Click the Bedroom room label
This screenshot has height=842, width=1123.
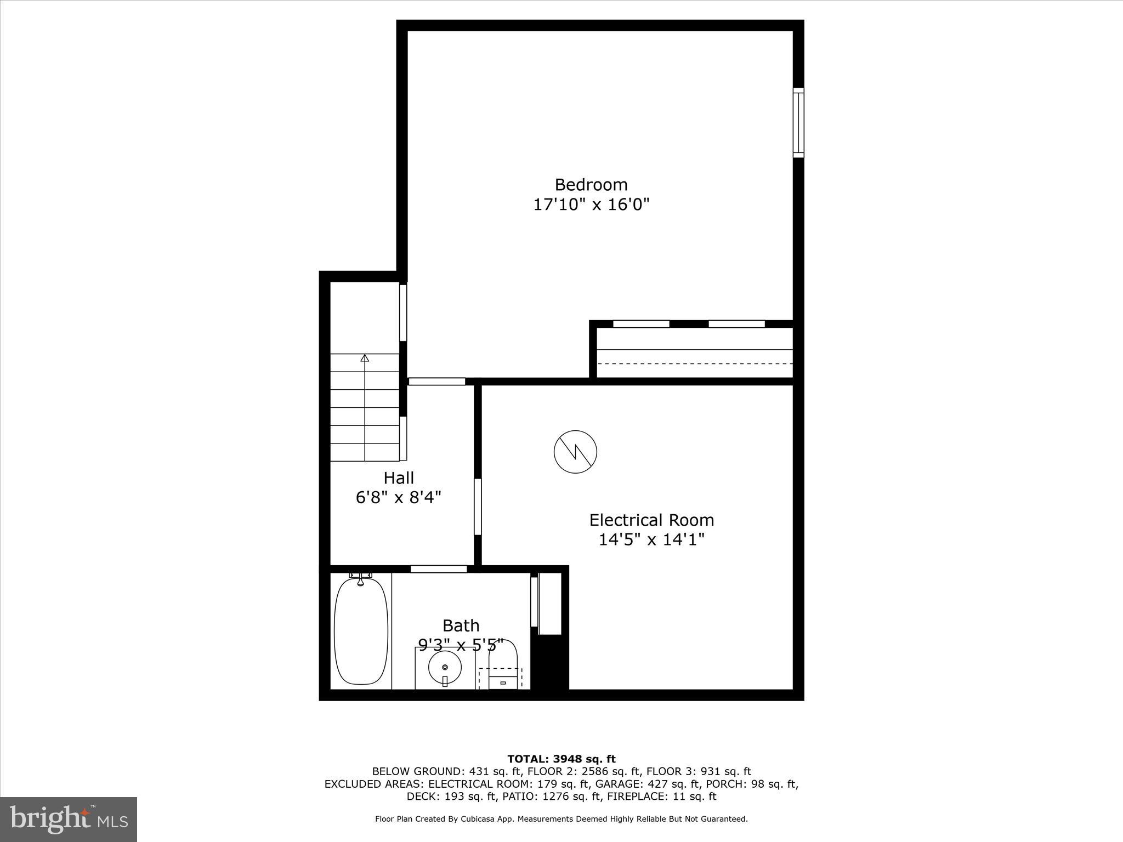pyautogui.click(x=591, y=184)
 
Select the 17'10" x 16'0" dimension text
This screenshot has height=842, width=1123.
pyautogui.click(x=591, y=204)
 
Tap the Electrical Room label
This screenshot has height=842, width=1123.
pyautogui.click(x=651, y=520)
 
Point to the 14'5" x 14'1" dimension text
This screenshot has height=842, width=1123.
pyautogui.click(x=651, y=540)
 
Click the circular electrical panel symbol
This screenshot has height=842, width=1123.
pyautogui.click(x=575, y=452)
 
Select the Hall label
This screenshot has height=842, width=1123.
pyautogui.click(x=399, y=478)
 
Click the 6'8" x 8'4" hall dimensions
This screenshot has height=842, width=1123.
pyautogui.click(x=399, y=498)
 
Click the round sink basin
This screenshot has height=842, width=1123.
pyautogui.click(x=445, y=667)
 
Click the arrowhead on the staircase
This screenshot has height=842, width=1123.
pyautogui.click(x=365, y=358)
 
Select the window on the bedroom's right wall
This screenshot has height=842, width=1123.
pyautogui.click(x=798, y=123)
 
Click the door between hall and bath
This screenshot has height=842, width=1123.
pyautogui.click(x=439, y=569)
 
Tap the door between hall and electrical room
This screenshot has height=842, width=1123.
pyautogui.click(x=478, y=507)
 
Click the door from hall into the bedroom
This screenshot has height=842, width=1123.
pyautogui.click(x=437, y=382)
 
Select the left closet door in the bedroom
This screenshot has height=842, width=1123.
pyautogui.click(x=641, y=324)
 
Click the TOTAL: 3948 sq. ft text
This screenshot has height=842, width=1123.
pyautogui.click(x=561, y=759)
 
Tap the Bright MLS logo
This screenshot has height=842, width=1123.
pyautogui.click(x=69, y=819)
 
